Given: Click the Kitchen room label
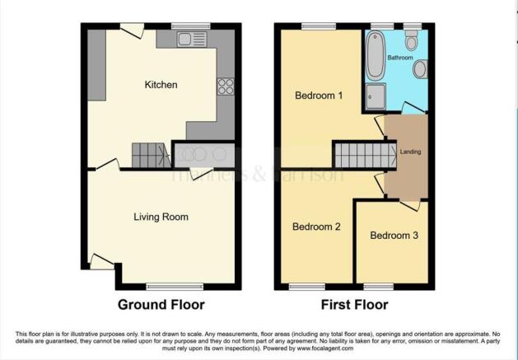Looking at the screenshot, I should tap(161, 85).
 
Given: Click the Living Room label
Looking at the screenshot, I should tap(161, 217).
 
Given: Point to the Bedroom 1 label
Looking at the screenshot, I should tap(319, 95).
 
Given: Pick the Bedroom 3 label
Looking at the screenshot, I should tap(394, 236).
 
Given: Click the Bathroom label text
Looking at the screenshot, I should tap(400, 58).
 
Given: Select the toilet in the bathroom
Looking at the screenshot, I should tap(413, 40).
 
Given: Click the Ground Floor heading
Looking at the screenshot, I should tap(161, 305).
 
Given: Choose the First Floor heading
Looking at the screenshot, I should tap(354, 305).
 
